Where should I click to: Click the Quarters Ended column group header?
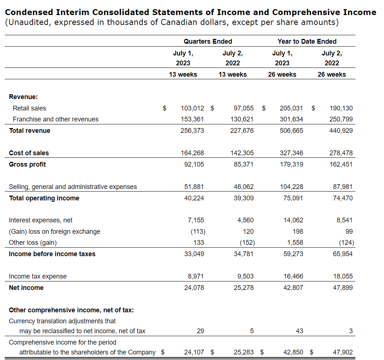point(208,41)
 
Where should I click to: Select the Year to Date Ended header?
point(307,41)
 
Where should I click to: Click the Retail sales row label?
point(29,108)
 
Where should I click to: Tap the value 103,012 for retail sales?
point(193,108)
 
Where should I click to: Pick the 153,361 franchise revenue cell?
point(193,119)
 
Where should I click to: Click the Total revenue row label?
point(30,131)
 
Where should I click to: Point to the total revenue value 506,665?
point(292,131)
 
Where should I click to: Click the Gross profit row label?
point(28,164)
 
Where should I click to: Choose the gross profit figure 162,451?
point(341,164)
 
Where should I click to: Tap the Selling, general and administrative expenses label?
point(73,187)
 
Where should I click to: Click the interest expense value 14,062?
point(293,220)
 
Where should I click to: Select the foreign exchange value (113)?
point(198,232)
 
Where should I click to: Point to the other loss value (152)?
point(247,243)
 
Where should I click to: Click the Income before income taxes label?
point(52,254)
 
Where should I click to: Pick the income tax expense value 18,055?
point(343,276)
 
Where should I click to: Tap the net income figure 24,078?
point(194,288)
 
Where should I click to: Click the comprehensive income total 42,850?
point(293,352)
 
